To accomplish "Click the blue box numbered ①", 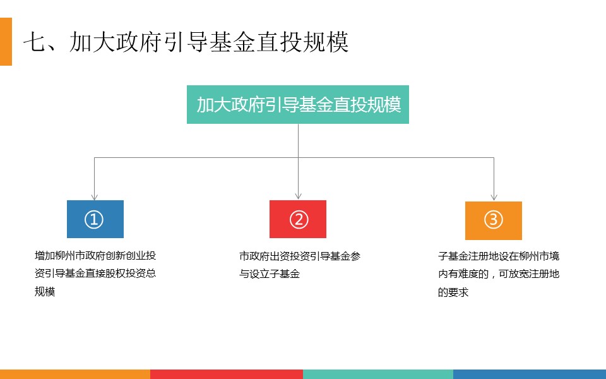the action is coord(95,219).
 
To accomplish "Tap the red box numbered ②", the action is coord(297,219).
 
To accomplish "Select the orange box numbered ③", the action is coord(494,220).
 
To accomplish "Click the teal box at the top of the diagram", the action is coord(297,104).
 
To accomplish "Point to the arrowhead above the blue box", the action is coord(94,197).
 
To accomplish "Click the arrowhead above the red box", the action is coord(298,196).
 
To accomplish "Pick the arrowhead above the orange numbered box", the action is coord(494,197).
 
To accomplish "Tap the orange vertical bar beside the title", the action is coord(6,42).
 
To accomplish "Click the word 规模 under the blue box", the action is coord(45,291).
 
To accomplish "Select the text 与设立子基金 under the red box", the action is coord(270,274).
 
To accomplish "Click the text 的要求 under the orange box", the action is coord(453,292).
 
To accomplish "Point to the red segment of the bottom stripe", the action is coord(227,374).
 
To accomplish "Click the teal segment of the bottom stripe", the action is coord(378,374).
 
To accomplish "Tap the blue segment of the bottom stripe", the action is coord(530,374).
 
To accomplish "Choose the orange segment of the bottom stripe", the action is coord(75,374).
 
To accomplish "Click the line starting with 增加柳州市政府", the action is coord(95,256).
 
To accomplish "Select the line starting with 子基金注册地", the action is coord(499,256).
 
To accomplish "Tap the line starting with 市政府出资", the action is coord(300,256).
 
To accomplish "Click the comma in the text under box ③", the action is coord(493,277).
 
